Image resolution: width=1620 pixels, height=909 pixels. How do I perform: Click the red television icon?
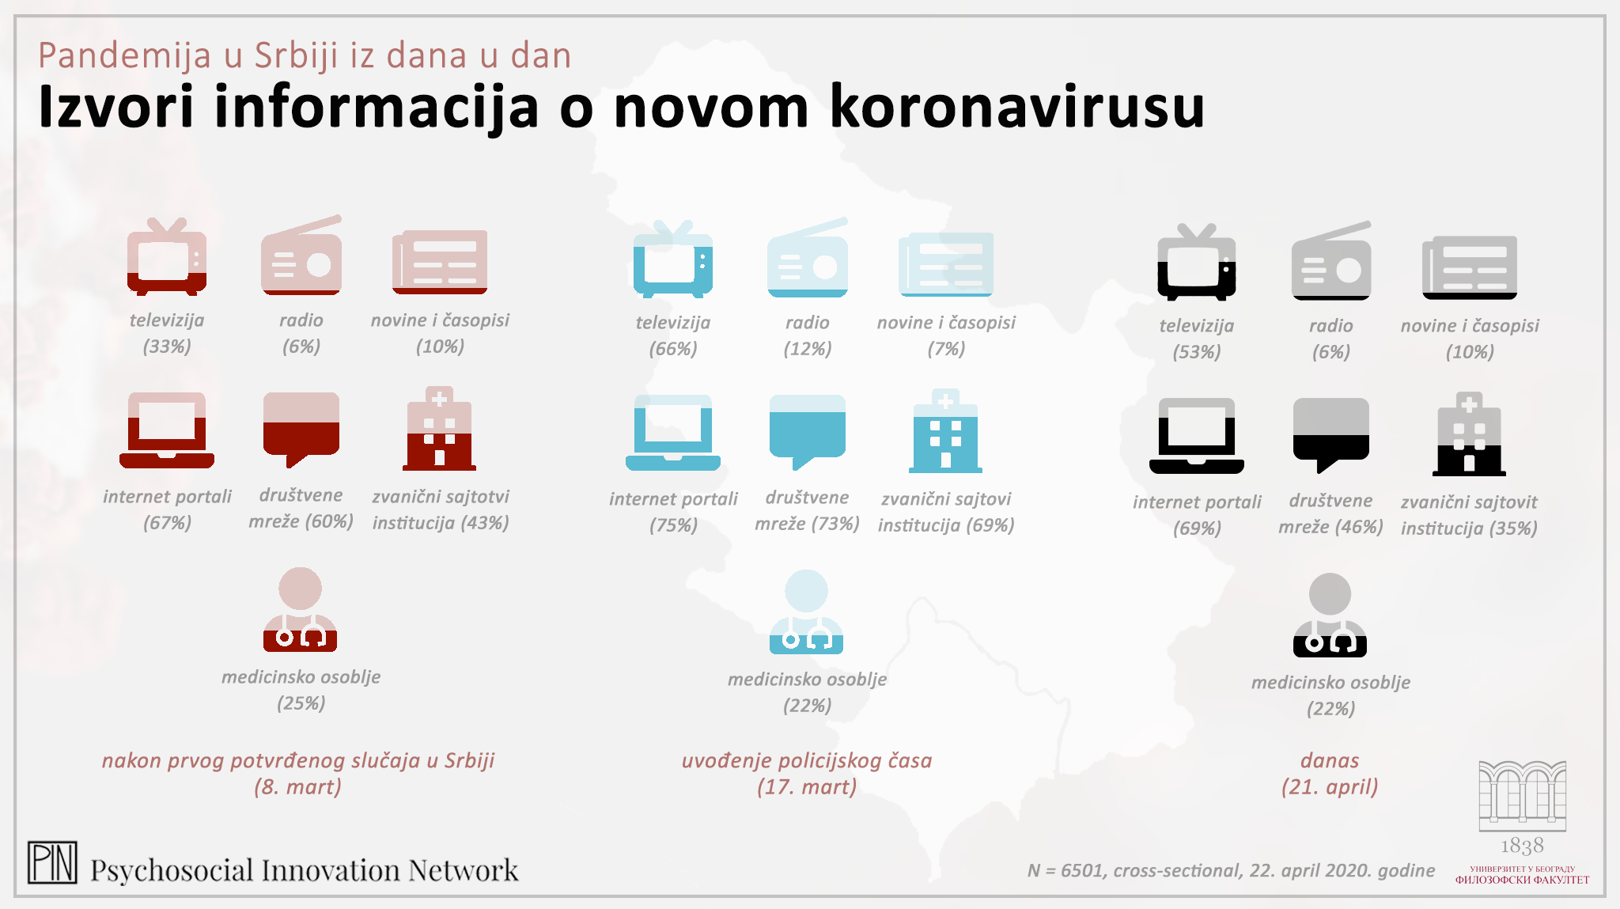(167, 256)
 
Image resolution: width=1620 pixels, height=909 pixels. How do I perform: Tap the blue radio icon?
(808, 258)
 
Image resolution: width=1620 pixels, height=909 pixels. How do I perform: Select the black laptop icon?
(1196, 436)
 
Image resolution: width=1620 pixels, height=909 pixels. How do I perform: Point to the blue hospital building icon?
(945, 431)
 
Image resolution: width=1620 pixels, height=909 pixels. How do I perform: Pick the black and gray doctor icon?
(1330, 615)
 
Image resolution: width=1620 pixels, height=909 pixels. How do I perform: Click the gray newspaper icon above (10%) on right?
(1470, 267)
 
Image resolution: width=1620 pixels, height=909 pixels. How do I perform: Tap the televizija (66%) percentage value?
(673, 349)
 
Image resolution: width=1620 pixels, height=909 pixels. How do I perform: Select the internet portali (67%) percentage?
(167, 523)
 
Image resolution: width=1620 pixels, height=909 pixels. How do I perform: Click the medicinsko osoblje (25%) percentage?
(301, 703)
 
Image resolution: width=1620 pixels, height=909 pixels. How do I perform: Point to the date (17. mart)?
(807, 787)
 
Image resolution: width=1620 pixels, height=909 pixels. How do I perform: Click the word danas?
(1330, 760)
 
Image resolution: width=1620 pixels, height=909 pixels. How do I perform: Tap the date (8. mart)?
(297, 787)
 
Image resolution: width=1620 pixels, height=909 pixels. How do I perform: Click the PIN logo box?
(52, 862)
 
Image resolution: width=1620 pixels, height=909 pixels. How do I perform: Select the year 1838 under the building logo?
(1522, 846)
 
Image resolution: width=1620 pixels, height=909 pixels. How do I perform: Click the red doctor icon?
(300, 610)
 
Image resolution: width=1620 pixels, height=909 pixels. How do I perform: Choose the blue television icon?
(673, 259)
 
